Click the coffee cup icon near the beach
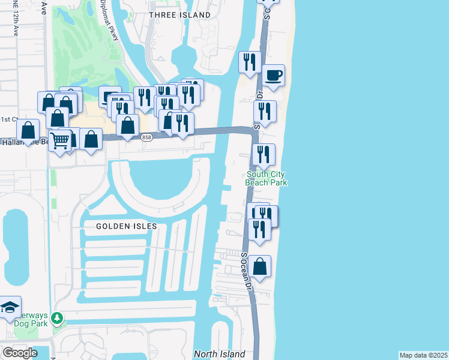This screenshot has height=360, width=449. [274, 76]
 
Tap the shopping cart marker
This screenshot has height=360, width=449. [59, 140]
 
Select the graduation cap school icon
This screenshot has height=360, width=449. [10, 307]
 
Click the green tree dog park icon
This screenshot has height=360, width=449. [57, 317]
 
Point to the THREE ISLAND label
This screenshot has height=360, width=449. [179, 15]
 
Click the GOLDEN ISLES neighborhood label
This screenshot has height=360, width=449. [127, 226]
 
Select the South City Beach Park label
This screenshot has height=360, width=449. [267, 179]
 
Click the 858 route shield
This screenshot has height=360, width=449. [146, 138]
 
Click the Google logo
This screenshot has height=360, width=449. [20, 353]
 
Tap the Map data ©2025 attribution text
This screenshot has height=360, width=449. [423, 355]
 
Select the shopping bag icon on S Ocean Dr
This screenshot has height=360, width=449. [260, 267]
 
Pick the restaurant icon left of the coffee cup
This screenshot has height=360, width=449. [249, 62]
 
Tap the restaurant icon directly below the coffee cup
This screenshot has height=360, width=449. [264, 112]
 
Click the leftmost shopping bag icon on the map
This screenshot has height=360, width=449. [28, 130]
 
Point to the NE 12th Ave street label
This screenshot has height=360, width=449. [14, 21]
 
